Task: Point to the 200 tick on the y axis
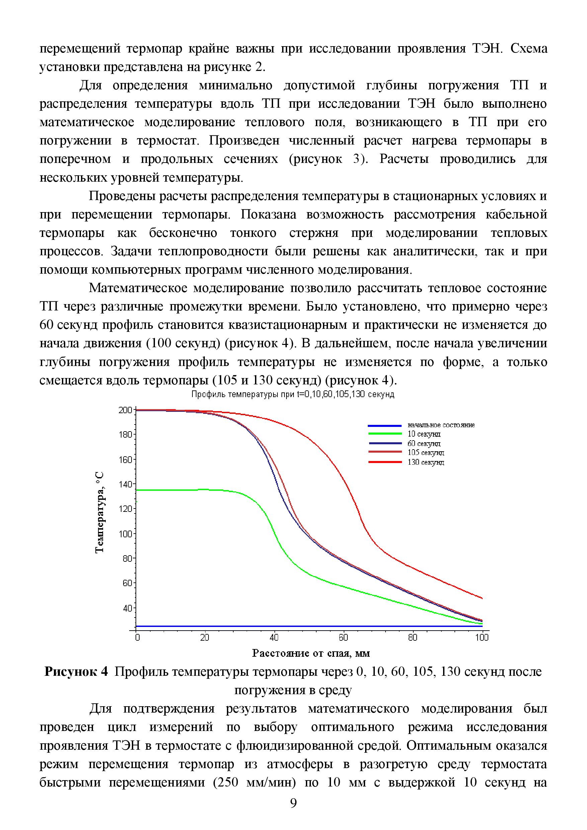(x=125, y=410)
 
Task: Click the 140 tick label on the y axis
(x=125, y=484)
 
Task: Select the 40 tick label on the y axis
(x=127, y=608)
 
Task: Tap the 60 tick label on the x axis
(x=343, y=637)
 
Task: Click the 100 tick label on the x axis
(x=482, y=637)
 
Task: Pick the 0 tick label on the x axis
(x=137, y=637)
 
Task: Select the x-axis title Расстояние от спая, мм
(x=311, y=653)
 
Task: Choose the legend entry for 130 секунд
(x=426, y=462)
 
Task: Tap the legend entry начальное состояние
(x=441, y=425)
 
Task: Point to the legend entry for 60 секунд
(x=424, y=444)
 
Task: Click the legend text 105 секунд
(x=426, y=453)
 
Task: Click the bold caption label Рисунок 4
(x=76, y=672)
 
